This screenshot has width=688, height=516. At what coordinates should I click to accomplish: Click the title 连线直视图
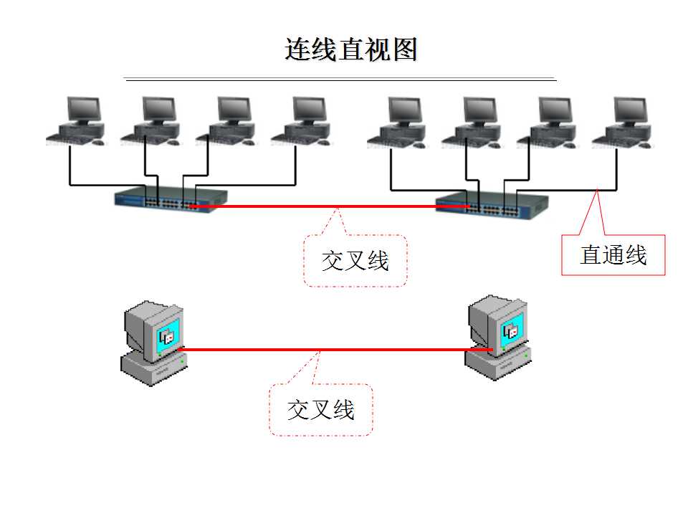[350, 49]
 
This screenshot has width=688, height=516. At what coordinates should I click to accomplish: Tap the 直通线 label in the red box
[613, 255]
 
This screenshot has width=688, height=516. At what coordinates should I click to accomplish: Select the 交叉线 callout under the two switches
[355, 261]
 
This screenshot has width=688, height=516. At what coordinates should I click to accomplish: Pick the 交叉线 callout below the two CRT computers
[320, 410]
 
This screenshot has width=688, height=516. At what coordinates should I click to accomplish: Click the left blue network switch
[171, 199]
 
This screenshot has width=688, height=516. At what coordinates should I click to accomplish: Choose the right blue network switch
[492, 206]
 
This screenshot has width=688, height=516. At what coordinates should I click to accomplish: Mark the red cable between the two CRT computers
[322, 350]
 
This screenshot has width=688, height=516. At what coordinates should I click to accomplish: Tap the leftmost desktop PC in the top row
[77, 121]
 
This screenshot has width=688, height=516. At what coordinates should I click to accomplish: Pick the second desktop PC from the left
[152, 121]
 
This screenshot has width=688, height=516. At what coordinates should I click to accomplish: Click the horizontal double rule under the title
[340, 79]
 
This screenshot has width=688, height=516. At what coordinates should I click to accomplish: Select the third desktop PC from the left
[227, 121]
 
